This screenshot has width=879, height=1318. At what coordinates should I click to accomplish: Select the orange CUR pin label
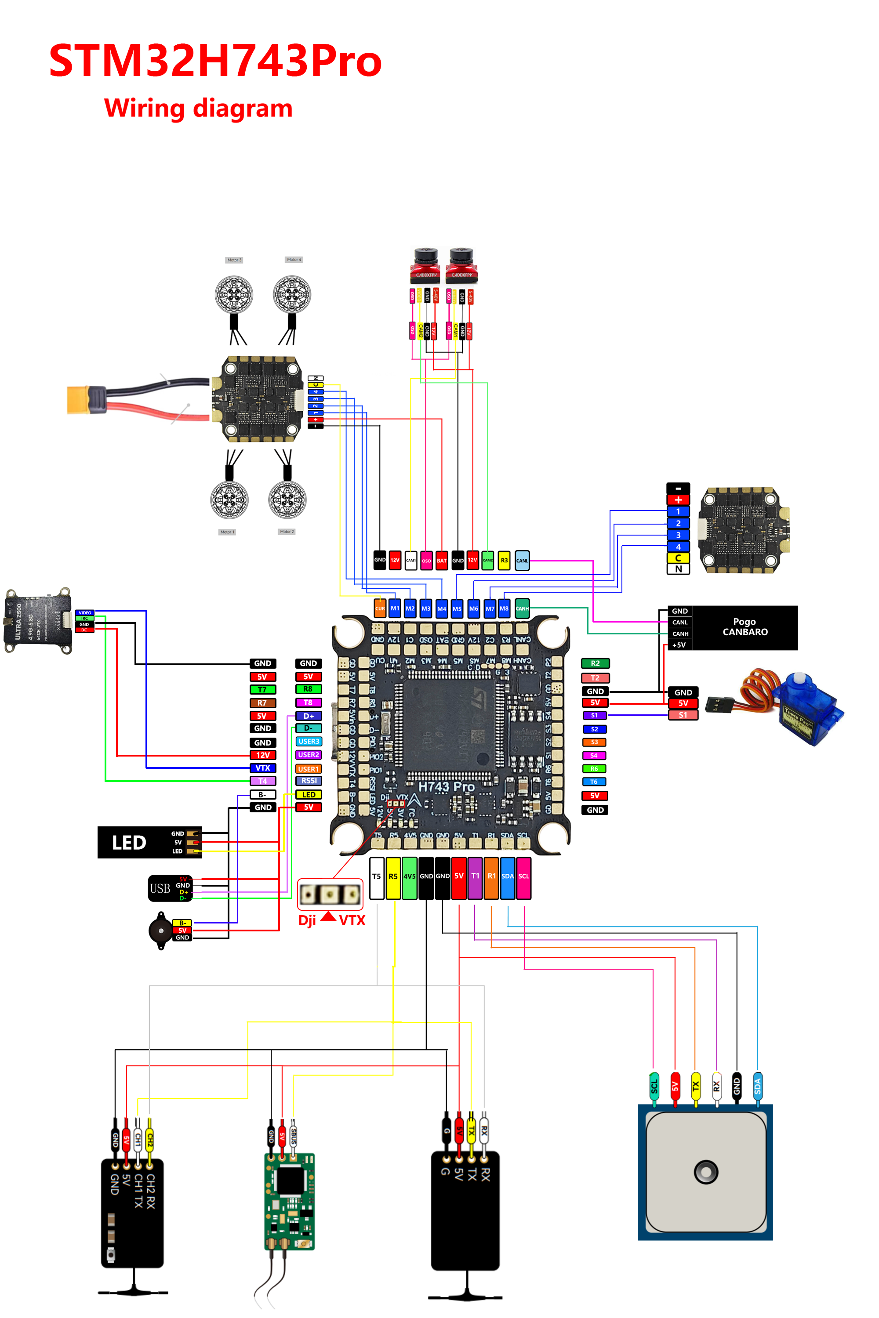pyautogui.click(x=380, y=608)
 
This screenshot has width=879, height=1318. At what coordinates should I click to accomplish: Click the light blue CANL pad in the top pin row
pyautogui.click(x=522, y=560)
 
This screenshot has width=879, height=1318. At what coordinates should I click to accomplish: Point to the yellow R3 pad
pyautogui.click(x=504, y=560)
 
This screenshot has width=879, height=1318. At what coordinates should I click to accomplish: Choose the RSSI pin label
pyautogui.click(x=309, y=781)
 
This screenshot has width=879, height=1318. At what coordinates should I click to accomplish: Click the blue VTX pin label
pyautogui.click(x=262, y=768)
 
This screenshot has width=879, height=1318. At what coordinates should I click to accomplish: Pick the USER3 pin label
pyautogui.click(x=309, y=742)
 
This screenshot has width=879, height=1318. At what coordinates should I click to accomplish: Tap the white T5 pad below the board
pyautogui.click(x=377, y=877)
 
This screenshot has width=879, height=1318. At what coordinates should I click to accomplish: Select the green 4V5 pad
pyautogui.click(x=409, y=877)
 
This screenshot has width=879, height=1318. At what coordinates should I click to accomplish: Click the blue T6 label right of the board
pyautogui.click(x=594, y=782)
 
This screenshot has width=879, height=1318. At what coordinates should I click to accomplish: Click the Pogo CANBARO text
pyautogui.click(x=745, y=627)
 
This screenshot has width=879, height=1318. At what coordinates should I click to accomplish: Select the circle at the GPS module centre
pyautogui.click(x=706, y=1172)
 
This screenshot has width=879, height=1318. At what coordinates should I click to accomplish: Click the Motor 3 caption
pyautogui.click(x=234, y=260)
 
